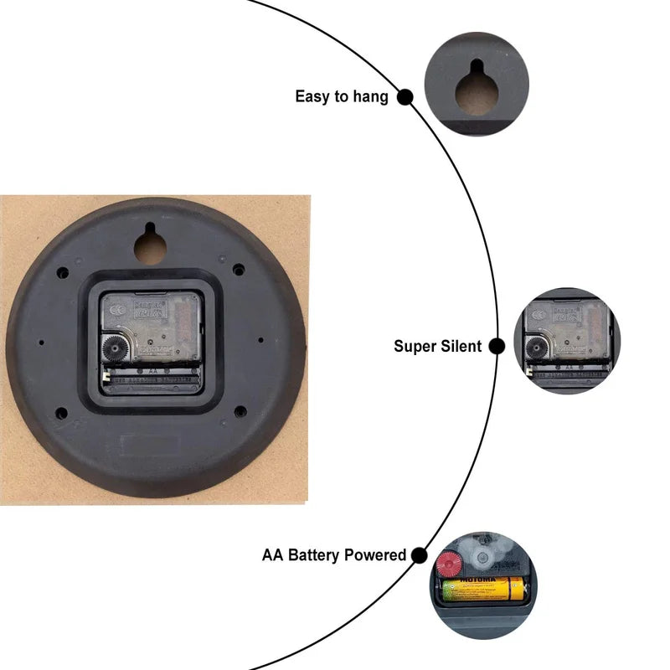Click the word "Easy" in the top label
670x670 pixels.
(x=312, y=96)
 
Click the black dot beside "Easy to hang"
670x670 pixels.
(x=405, y=96)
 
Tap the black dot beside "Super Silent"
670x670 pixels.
(x=497, y=346)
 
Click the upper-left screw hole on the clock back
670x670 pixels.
(x=62, y=272)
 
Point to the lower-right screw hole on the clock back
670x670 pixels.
(x=240, y=411)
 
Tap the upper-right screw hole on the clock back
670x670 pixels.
(x=239, y=270)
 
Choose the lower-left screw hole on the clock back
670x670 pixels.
(x=61, y=412)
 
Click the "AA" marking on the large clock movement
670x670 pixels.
(x=153, y=369)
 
